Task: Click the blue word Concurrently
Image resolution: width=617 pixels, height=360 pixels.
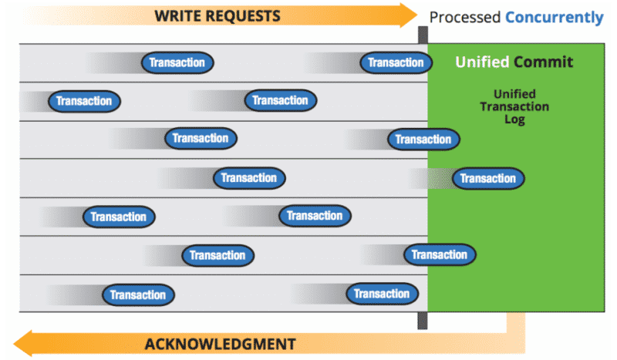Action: [554, 16]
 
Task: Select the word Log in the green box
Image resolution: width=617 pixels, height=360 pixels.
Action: [514, 120]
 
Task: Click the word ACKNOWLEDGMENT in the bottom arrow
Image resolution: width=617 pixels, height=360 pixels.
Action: [220, 344]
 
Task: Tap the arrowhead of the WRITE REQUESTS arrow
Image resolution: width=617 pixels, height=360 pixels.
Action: [407, 15]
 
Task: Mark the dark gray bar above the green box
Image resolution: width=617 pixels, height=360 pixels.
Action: [423, 35]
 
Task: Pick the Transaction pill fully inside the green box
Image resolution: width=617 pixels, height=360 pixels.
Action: [488, 179]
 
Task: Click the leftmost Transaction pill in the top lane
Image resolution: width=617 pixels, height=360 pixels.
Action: [177, 62]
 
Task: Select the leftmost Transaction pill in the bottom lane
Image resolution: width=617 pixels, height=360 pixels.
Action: [138, 294]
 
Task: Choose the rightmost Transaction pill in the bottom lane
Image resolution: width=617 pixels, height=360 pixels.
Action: [382, 294]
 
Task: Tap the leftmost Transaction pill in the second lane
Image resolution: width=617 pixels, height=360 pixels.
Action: [84, 101]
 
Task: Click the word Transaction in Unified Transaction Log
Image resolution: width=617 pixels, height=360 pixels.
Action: [514, 107]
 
